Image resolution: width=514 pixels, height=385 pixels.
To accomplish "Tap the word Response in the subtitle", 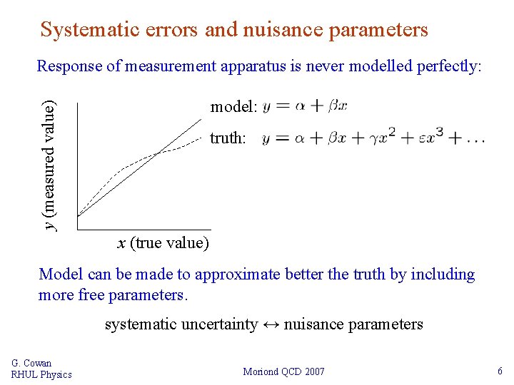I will click(x=70, y=66).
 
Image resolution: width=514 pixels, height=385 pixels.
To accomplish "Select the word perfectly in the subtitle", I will click(x=444, y=66).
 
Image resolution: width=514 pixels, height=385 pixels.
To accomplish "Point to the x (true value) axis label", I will click(x=163, y=243).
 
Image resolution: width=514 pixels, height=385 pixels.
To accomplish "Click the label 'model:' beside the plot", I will click(x=233, y=107).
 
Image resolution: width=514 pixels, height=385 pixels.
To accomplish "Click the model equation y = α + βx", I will click(x=305, y=106).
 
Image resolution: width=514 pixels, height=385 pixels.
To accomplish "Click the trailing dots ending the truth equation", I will click(x=473, y=140).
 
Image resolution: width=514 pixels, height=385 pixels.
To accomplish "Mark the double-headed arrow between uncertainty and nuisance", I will click(x=271, y=325).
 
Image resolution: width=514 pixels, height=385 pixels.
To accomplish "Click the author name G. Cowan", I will click(x=31, y=363).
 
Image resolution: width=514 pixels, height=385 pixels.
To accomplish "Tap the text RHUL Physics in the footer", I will click(x=41, y=374).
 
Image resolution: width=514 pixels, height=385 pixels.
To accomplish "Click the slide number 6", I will click(x=500, y=371).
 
